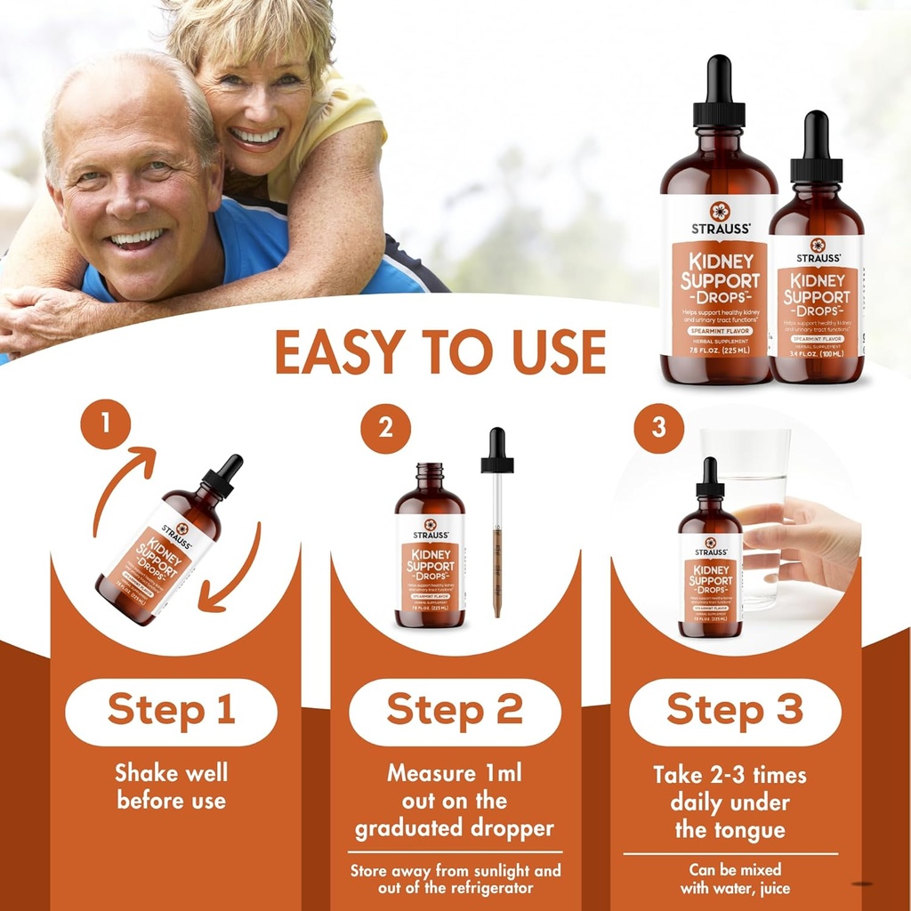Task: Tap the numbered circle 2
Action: coord(385,429)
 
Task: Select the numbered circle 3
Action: coord(658,428)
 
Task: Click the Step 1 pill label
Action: coord(171,712)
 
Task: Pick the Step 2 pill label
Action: coord(455,712)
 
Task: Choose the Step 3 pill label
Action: coord(735,712)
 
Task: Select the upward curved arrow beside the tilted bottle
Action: coord(120,485)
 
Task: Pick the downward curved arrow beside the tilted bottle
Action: coord(233,569)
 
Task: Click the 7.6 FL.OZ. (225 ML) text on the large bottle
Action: coord(718,350)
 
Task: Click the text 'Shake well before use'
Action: coord(171,786)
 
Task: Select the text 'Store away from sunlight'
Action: coord(455,871)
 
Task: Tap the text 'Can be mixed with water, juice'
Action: coord(735,878)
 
